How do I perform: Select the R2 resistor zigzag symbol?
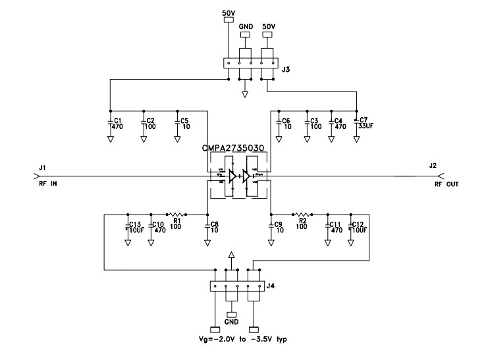(x=302, y=214)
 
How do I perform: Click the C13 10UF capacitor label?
(x=136, y=226)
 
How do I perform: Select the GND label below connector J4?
(x=232, y=323)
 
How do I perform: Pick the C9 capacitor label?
(x=279, y=226)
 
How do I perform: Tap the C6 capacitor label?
(x=286, y=123)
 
